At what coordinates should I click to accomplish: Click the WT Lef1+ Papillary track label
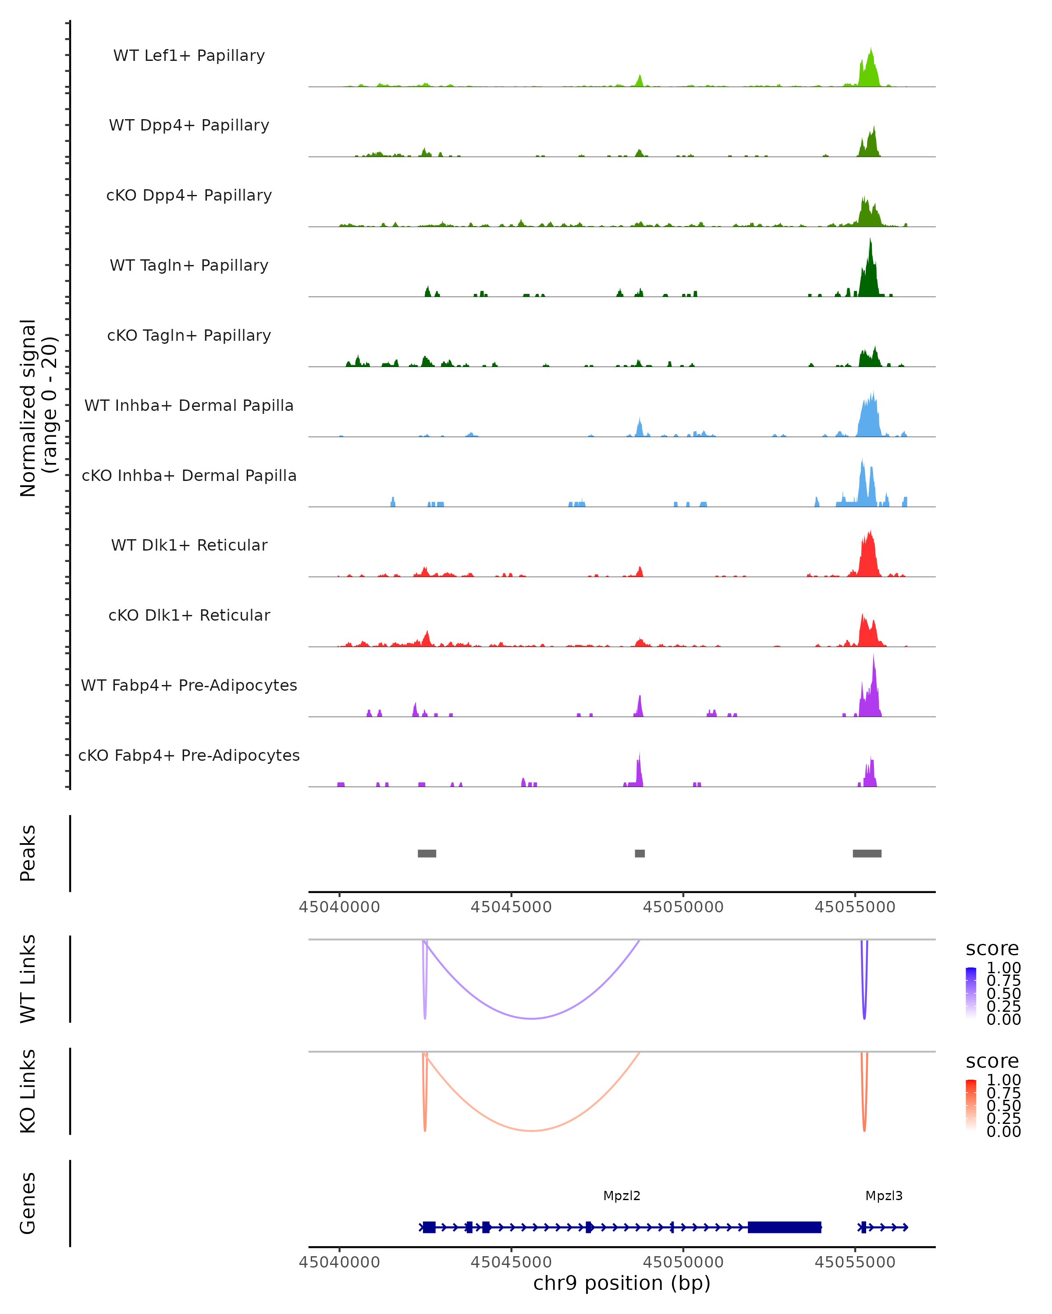pos(189,56)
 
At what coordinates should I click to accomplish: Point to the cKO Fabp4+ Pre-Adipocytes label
pos(189,755)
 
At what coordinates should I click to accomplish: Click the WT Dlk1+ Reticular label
pos(189,545)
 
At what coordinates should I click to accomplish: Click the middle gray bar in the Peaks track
pos(640,853)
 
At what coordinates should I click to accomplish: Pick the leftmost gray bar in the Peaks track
pos(427,853)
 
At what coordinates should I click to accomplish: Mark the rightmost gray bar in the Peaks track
pos(867,853)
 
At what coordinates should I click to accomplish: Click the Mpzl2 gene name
pos(622,1196)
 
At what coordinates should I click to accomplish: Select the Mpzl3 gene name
pos(884,1196)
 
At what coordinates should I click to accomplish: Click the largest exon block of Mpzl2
pos(784,1227)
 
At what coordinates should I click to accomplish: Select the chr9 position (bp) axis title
pos(622,1283)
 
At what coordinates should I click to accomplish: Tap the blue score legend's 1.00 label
pos(1003,968)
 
